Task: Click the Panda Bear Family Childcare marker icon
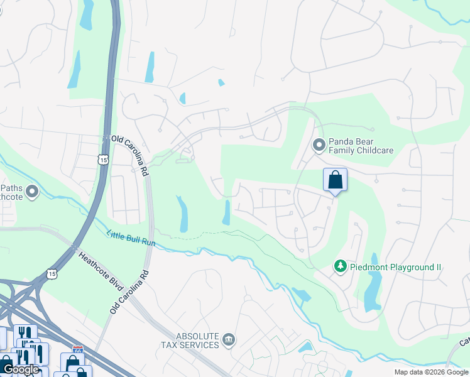[319, 146]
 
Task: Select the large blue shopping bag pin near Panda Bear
[335, 180]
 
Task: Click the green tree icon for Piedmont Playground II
[340, 267]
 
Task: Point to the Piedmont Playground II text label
[396, 268]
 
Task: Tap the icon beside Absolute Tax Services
[229, 341]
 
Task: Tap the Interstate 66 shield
[78, 349]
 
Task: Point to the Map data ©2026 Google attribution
[430, 372]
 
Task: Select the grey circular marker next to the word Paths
[32, 191]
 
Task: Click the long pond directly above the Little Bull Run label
[182, 214]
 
